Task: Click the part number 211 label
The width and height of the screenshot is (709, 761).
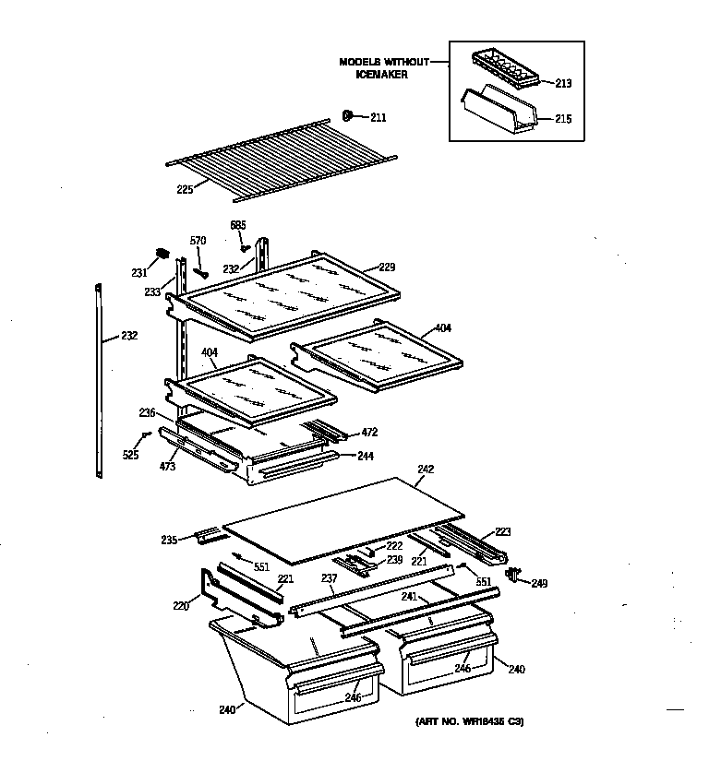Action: [379, 118]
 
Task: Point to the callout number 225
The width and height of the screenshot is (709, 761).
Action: [185, 190]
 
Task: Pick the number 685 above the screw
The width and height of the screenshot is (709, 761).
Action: [238, 225]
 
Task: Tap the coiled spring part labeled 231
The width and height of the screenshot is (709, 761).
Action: [162, 256]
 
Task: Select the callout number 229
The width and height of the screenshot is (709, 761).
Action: [387, 267]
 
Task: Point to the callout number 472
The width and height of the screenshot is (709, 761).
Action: [369, 432]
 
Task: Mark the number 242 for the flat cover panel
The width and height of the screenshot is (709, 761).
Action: [426, 470]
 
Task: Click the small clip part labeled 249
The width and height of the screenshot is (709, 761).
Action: [511, 576]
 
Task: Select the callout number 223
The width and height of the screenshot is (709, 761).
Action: [502, 531]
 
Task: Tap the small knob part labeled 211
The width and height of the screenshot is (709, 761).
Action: [348, 115]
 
